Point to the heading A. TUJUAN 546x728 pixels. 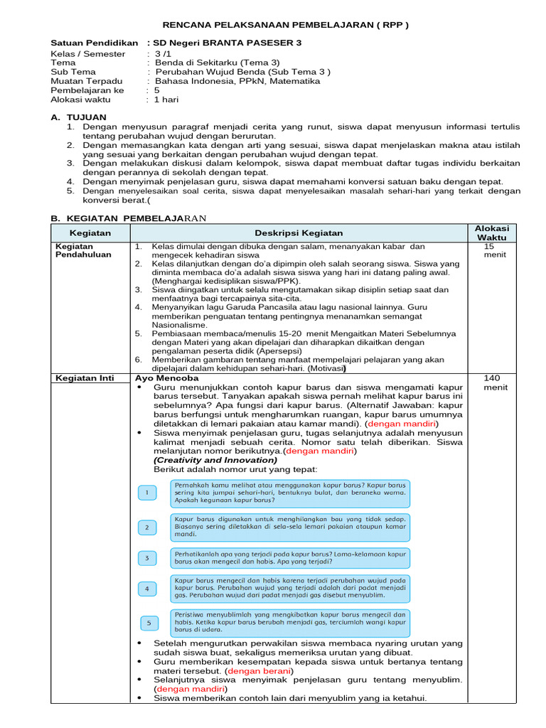tap(79, 117)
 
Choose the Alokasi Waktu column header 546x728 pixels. tap(492, 232)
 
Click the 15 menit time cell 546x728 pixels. tap(492, 250)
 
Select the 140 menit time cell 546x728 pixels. tap(492, 383)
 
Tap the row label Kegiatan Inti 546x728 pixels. tap(80, 378)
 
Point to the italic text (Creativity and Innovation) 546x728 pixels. tap(200, 459)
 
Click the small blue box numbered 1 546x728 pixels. tap(147, 492)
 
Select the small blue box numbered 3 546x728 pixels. tap(147, 558)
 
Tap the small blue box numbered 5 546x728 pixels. tap(149, 623)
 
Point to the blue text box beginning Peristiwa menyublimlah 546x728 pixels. tap(290, 621)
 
